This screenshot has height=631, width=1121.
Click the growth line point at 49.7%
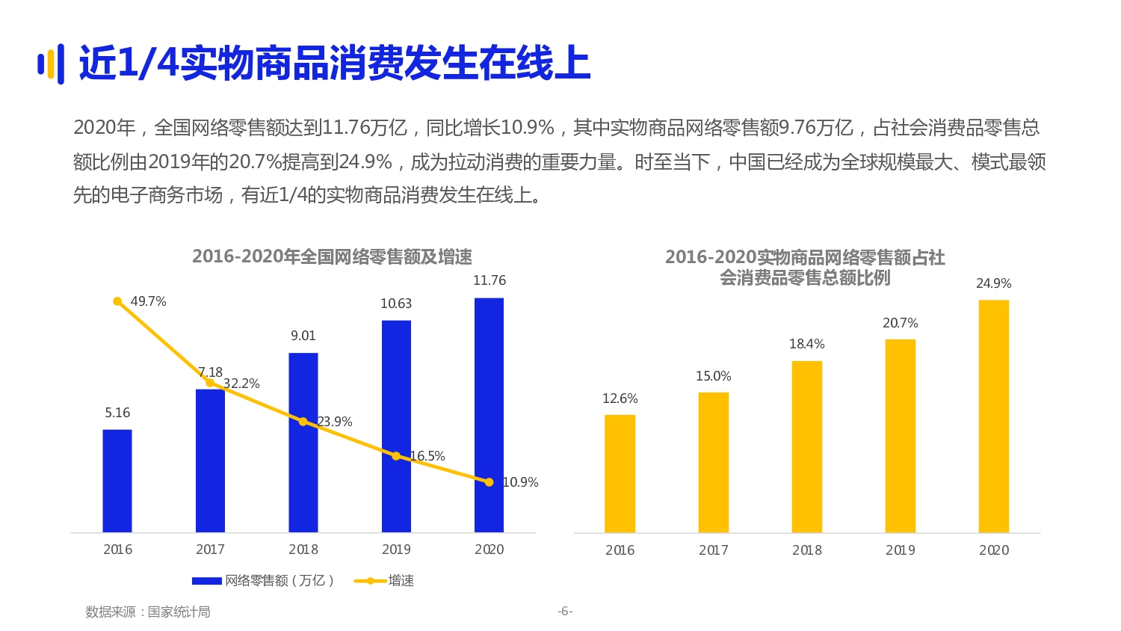(x=117, y=301)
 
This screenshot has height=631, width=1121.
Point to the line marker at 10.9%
(x=489, y=482)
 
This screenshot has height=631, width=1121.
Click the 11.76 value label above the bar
(x=490, y=280)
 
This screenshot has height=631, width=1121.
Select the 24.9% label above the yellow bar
(x=994, y=283)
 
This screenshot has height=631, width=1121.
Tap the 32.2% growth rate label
(x=241, y=384)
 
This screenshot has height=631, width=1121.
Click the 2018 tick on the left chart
(x=303, y=550)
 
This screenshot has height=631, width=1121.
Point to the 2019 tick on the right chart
(x=901, y=550)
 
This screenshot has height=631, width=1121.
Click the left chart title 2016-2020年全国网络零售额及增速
(x=332, y=256)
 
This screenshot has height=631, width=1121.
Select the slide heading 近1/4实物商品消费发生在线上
(x=334, y=63)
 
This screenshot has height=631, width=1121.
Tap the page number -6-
(x=565, y=611)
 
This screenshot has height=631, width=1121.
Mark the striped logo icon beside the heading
(x=50, y=64)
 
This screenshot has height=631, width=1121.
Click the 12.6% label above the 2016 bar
(x=620, y=398)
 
